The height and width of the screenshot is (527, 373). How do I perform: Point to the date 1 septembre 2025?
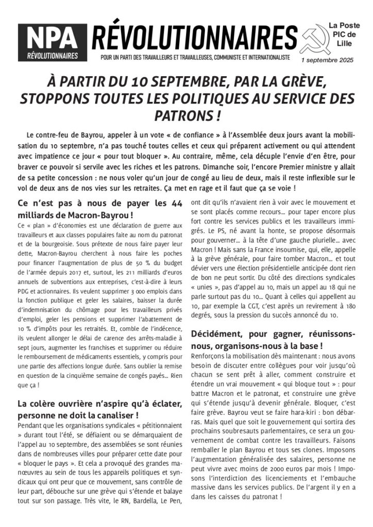click(328, 60)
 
